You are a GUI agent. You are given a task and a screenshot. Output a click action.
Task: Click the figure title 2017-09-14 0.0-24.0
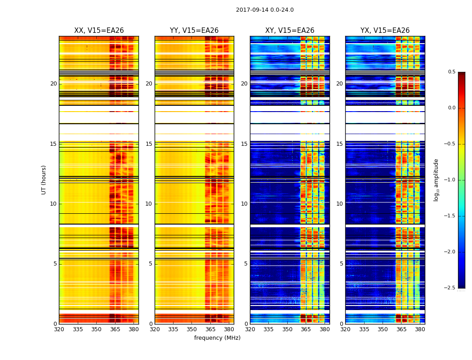(264, 10)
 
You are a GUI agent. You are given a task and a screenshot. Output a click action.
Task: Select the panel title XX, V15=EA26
(99, 31)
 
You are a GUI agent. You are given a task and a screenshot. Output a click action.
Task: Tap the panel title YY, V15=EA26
(194, 31)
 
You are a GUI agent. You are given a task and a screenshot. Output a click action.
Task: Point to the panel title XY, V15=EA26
(289, 31)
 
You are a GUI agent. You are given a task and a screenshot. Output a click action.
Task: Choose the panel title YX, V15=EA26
(385, 31)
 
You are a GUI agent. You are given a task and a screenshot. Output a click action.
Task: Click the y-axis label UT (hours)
(44, 180)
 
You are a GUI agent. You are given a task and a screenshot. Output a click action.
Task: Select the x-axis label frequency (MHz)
(217, 338)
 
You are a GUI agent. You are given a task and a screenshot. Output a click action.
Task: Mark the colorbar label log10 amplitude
(436, 180)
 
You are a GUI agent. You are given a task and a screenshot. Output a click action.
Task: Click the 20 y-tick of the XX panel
(53, 84)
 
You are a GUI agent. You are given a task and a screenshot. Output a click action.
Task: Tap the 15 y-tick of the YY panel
(149, 144)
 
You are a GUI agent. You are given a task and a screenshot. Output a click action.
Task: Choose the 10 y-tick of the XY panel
(245, 204)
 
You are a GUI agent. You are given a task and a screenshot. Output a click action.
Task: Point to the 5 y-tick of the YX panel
(342, 264)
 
